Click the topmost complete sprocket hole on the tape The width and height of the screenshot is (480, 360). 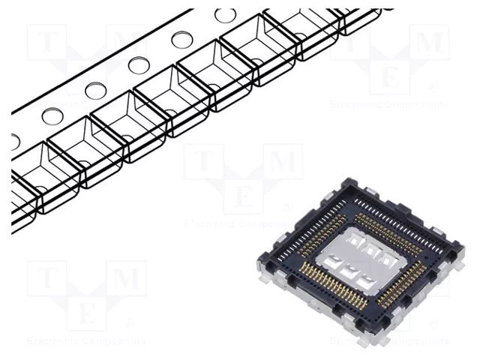(x=225, y=15)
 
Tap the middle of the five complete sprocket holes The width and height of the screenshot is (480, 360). (x=138, y=65)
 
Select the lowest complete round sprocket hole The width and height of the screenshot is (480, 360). (x=52, y=115)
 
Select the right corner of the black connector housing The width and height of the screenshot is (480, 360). (x=459, y=247)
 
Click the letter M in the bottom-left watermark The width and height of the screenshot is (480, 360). (x=126, y=279)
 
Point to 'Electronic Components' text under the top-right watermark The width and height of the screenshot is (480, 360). (x=388, y=104)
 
